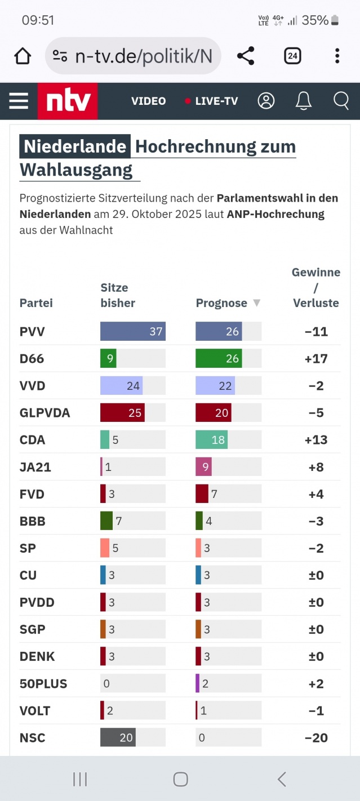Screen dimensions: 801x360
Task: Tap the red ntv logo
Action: pyautogui.click(x=68, y=101)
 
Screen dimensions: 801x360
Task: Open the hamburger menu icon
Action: pyautogui.click(x=19, y=101)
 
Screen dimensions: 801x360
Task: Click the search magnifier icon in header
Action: pyautogui.click(x=341, y=101)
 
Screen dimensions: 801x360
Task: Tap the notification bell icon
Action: pyautogui.click(x=304, y=101)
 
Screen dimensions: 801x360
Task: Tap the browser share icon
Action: pyautogui.click(x=246, y=56)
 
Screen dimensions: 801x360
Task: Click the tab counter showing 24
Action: pyautogui.click(x=292, y=56)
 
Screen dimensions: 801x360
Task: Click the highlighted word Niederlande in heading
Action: pyautogui.click(x=75, y=146)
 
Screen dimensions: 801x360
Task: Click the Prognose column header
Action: pyautogui.click(x=221, y=303)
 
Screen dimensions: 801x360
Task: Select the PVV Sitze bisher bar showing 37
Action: pyautogui.click(x=133, y=331)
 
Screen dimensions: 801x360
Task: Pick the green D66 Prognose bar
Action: pyautogui.click(x=219, y=358)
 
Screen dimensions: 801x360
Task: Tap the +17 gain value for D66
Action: pyautogui.click(x=316, y=359)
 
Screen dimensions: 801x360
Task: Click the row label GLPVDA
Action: pyautogui.click(x=45, y=413)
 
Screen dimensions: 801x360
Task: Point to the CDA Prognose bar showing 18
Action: pyautogui.click(x=211, y=440)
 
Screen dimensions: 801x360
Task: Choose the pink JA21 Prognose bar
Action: pyautogui.click(x=203, y=467)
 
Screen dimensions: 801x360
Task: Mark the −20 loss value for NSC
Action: pyautogui.click(x=316, y=738)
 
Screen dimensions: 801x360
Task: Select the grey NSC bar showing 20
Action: pyautogui.click(x=118, y=737)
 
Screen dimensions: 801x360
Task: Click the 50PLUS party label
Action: pyautogui.click(x=43, y=684)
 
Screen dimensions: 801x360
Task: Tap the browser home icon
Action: pyautogui.click(x=23, y=56)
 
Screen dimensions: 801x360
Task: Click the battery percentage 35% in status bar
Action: pyautogui.click(x=315, y=20)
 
